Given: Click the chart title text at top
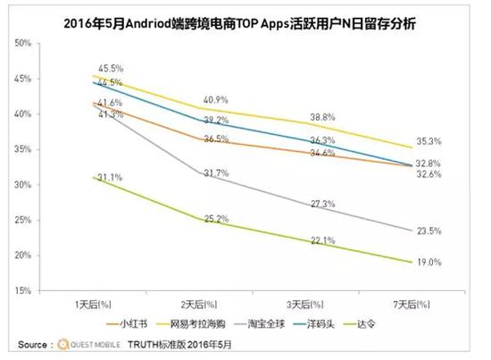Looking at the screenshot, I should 245,17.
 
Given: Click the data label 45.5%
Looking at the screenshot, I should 108,67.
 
